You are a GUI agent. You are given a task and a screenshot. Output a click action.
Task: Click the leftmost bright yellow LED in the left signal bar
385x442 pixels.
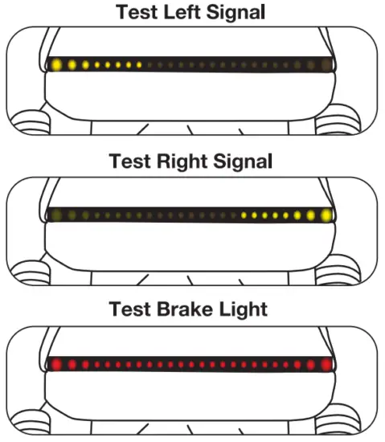[x=56, y=64]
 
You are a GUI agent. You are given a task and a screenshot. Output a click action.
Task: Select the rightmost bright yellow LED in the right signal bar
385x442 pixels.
[x=326, y=215]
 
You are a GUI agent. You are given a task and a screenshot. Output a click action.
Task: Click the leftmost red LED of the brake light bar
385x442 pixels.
[x=56, y=364]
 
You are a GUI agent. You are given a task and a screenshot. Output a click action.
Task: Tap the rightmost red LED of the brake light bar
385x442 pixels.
[x=326, y=364]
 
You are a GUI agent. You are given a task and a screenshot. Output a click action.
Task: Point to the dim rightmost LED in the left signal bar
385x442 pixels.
[x=326, y=64]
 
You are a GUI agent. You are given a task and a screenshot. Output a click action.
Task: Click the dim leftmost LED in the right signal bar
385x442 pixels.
[x=56, y=215]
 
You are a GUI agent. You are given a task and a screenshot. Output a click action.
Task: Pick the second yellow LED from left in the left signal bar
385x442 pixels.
[x=71, y=64]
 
